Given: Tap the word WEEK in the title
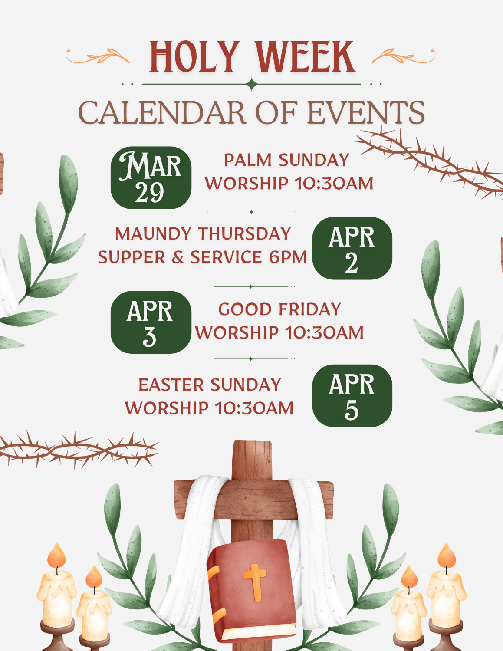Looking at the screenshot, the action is (x=306, y=57).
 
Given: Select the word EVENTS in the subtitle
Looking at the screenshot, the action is (x=366, y=113).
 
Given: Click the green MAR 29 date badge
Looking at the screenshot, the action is (x=151, y=178).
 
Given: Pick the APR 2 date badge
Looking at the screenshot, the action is (x=352, y=248).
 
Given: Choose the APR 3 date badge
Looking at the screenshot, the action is (x=151, y=322).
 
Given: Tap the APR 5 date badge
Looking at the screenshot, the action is (x=352, y=396).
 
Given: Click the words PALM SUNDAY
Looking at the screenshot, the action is (x=287, y=160).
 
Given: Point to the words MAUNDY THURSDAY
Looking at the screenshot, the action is (x=203, y=233).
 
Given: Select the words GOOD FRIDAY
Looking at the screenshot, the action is (x=280, y=309).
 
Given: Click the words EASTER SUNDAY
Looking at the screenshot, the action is (x=210, y=385).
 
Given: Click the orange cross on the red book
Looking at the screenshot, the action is (x=255, y=582).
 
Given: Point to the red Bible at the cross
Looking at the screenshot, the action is (x=252, y=587).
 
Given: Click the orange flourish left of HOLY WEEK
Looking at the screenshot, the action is (x=97, y=56).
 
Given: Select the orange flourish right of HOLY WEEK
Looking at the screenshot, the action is (x=404, y=56).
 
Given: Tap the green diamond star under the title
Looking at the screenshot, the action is (x=252, y=84).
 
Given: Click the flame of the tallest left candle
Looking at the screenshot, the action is (x=56, y=556).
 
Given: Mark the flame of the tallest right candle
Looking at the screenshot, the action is (x=447, y=556).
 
